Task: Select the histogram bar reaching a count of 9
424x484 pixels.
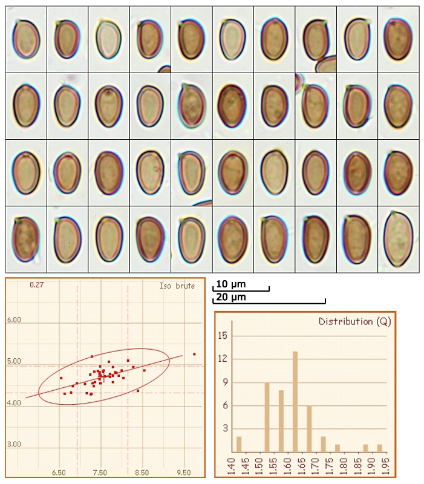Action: [x=267, y=417]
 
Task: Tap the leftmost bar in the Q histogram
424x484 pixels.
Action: [x=239, y=445]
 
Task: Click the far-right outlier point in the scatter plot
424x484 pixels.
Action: [x=194, y=354]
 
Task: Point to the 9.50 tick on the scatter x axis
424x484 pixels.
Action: [x=183, y=472]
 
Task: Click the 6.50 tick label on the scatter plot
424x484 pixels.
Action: [x=59, y=472]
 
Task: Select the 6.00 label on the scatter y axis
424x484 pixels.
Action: [x=13, y=319]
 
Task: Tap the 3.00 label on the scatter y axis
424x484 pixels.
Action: [x=13, y=444]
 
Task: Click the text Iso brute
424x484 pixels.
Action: [x=177, y=286]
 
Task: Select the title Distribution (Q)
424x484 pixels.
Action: [x=354, y=321]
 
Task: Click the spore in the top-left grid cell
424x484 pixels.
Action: [x=26, y=39]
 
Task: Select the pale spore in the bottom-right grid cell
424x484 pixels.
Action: [x=398, y=238]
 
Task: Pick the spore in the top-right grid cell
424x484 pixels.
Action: [x=398, y=40]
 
